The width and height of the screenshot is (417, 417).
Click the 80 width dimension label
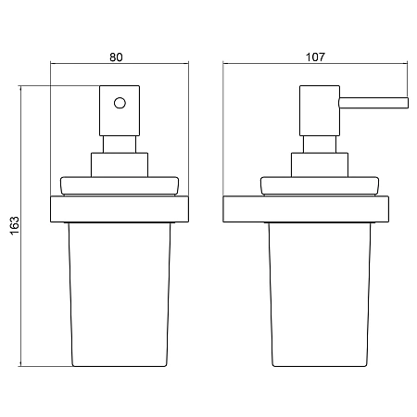pos(116,57)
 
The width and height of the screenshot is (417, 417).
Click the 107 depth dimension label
pos(315,57)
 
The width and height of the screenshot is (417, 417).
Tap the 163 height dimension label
pos(15,226)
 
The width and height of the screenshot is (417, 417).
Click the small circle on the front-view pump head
pos(120,103)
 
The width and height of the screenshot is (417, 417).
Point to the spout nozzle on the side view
pos(373,103)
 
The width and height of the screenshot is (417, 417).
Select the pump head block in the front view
pos(120,110)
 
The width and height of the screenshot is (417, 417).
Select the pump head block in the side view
pos(320,110)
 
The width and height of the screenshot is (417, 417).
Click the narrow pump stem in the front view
pos(120,145)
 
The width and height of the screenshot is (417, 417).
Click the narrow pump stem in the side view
pos(320,145)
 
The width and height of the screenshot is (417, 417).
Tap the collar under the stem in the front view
pos(120,165)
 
